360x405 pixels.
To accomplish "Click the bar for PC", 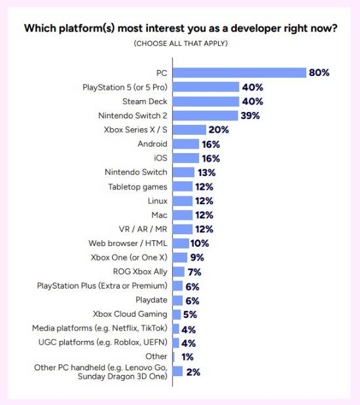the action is [x=240, y=73].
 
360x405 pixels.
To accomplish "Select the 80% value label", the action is [x=319, y=73].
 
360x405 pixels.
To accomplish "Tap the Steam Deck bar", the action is [x=206, y=101].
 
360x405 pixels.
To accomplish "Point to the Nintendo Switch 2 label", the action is [x=133, y=115].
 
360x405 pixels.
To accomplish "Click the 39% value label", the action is [x=250, y=115].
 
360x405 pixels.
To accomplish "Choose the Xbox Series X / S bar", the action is [x=189, y=130].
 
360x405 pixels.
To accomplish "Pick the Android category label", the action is [x=153, y=143].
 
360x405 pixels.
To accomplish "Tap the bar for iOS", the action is [x=186, y=158].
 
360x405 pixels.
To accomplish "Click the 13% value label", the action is [x=207, y=173].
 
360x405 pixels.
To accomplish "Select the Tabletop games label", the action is [x=137, y=186].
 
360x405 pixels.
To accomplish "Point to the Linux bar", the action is [x=183, y=201].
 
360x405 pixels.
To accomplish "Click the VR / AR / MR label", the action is [x=143, y=229].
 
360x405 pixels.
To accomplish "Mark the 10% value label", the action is [x=200, y=243].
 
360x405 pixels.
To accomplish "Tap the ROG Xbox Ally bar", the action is [x=179, y=272].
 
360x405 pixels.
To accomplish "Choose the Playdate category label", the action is [x=151, y=300].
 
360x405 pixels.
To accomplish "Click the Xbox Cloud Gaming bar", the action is [x=177, y=314].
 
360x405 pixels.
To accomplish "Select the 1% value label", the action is [x=187, y=357].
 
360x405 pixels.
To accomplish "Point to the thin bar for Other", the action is [x=173, y=357].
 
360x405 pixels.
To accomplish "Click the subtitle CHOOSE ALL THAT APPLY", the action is [x=181, y=43].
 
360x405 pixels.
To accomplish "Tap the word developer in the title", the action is [x=256, y=28].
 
